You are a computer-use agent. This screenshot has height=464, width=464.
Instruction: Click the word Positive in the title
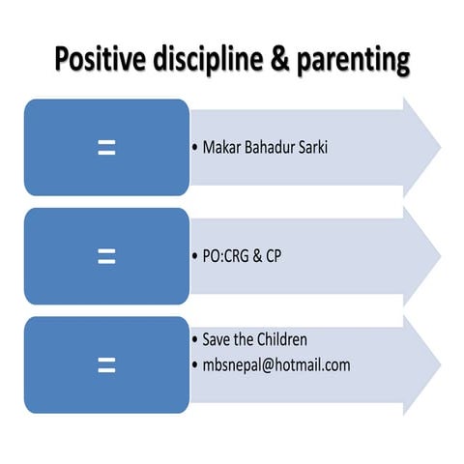point(97,61)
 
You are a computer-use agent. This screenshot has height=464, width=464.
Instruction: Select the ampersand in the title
point(293,60)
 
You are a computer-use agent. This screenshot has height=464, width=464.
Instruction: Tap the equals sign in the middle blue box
point(106,255)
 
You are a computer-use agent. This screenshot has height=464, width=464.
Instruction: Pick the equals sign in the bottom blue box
point(106,364)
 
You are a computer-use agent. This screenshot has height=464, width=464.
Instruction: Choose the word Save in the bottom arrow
point(218,340)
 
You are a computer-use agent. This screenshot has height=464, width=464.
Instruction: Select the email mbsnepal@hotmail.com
point(276,365)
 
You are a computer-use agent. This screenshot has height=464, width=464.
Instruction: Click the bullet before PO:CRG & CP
point(194,257)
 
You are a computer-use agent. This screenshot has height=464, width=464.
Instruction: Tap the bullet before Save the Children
point(194,341)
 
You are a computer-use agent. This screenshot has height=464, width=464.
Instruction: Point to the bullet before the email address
point(194,366)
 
